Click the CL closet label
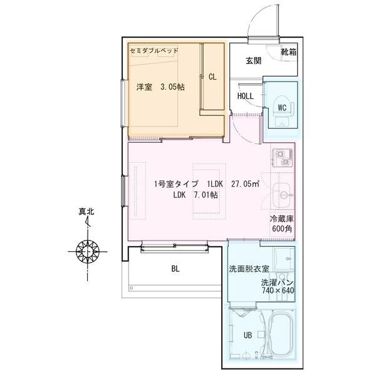click(x=212, y=77)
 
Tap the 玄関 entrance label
click(x=253, y=61)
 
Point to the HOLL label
click(x=245, y=96)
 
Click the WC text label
click(x=281, y=107)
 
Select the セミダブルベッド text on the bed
click(x=155, y=50)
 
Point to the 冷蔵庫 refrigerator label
click(x=281, y=219)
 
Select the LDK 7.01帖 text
click(x=196, y=196)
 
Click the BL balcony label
click(x=175, y=269)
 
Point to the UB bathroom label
click(x=248, y=335)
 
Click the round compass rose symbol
click(x=88, y=252)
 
